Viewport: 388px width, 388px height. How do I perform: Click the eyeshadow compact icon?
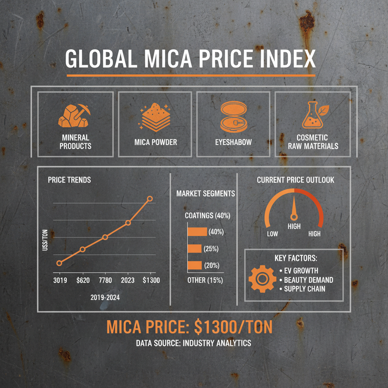(233, 116)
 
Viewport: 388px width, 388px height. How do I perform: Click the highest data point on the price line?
(150, 199)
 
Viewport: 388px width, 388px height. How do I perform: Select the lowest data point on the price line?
(59, 263)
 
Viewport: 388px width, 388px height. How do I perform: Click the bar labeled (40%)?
(197, 232)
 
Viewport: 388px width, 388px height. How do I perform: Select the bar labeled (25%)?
(194, 249)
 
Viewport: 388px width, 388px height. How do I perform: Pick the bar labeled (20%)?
(195, 265)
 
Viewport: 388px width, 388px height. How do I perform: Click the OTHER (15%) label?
(205, 281)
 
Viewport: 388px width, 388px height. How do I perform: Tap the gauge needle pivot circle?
(293, 217)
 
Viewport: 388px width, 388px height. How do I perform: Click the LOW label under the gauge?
(272, 234)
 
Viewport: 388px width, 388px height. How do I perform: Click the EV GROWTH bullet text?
(301, 271)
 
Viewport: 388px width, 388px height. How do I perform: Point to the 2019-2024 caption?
(105, 297)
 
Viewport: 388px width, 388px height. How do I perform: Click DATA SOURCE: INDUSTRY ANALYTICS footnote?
(193, 343)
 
